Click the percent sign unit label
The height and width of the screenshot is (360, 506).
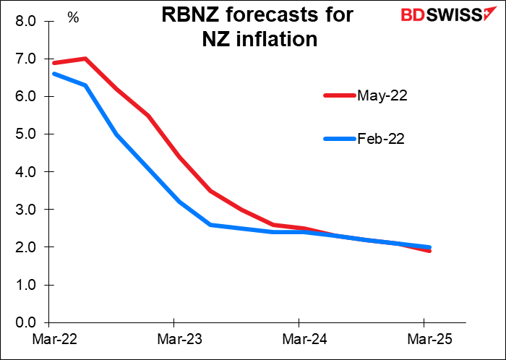click(x=73, y=17)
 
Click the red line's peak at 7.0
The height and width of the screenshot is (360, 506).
click(x=85, y=59)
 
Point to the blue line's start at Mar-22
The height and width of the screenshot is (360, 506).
click(x=53, y=74)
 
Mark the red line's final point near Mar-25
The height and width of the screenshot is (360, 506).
click(x=429, y=251)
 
